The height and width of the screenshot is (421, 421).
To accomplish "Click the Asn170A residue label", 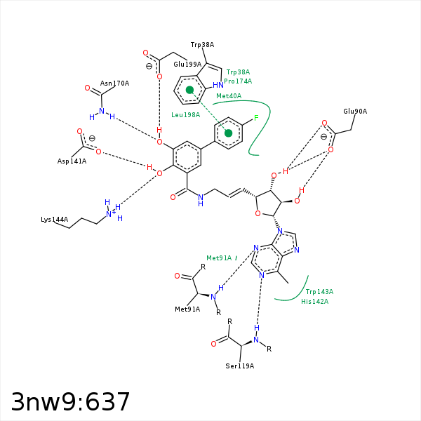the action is (114, 83).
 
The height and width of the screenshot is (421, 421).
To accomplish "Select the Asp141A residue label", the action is (72, 161).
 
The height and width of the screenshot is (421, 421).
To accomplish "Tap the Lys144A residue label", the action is (55, 220).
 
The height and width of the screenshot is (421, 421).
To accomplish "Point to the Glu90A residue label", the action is (355, 111).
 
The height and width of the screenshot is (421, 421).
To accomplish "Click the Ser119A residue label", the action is (240, 366).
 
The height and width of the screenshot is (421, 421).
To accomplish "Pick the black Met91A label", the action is (187, 309).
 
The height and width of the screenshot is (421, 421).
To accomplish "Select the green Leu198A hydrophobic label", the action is (186, 115).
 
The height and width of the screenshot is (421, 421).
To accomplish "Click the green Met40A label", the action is (229, 96).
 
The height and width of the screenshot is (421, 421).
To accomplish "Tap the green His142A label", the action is (314, 302).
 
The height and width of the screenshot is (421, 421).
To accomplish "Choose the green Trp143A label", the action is (319, 292).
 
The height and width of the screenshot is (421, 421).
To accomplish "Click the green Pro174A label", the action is (238, 81).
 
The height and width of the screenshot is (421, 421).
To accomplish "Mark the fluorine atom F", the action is (256, 118).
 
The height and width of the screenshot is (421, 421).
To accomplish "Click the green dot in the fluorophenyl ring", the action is (228, 133).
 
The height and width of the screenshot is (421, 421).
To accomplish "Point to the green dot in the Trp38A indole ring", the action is (189, 90).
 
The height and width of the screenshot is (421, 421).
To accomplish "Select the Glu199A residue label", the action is (187, 64).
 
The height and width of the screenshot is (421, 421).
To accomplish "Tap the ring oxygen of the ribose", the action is (258, 213).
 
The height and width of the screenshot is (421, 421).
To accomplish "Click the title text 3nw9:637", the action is (70, 401).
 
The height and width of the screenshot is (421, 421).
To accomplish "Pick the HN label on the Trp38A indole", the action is (218, 85).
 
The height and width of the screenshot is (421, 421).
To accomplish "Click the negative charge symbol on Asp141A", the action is (92, 138).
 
